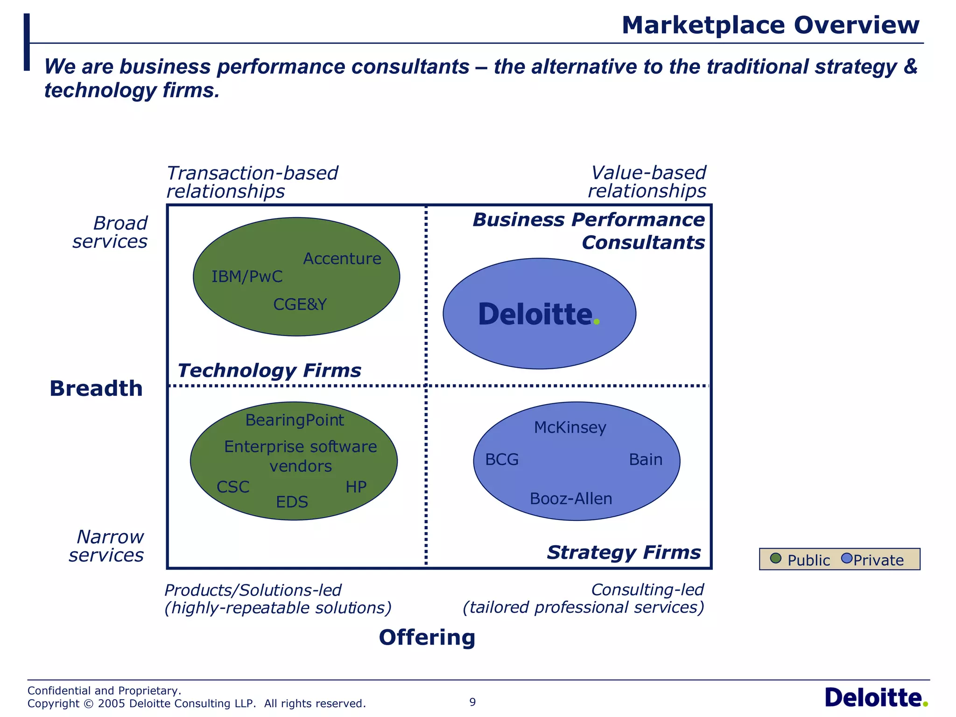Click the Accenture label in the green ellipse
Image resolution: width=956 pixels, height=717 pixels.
pyautogui.click(x=342, y=259)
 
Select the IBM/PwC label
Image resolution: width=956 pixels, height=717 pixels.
pyautogui.click(x=247, y=277)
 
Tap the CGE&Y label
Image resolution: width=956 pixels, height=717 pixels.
pyautogui.click(x=300, y=304)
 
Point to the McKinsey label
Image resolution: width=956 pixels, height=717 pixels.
pyautogui.click(x=570, y=428)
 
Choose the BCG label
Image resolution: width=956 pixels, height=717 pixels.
pyautogui.click(x=502, y=460)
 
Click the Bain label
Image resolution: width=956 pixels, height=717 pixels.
pyautogui.click(x=646, y=460)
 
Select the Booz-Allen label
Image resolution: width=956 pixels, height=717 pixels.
pyautogui.click(x=571, y=499)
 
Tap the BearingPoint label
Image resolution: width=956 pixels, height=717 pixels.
pyautogui.click(x=295, y=421)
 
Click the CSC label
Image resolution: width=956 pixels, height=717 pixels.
pyautogui.click(x=233, y=487)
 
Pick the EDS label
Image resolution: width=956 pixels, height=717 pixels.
pyautogui.click(x=292, y=502)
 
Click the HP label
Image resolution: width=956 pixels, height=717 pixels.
pyautogui.click(x=356, y=487)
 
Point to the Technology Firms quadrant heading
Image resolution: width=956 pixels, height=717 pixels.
pyautogui.click(x=269, y=371)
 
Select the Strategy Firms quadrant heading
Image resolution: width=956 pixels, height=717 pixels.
pyautogui.click(x=624, y=553)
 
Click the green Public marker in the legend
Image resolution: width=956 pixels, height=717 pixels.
pyautogui.click(x=775, y=558)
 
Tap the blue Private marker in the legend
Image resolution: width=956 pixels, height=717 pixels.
pyautogui.click(x=846, y=558)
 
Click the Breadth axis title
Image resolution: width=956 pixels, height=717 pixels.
pyautogui.click(x=96, y=389)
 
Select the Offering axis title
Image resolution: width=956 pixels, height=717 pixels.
pyautogui.click(x=427, y=638)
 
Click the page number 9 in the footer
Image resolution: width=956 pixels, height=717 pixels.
pyautogui.click(x=472, y=702)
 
